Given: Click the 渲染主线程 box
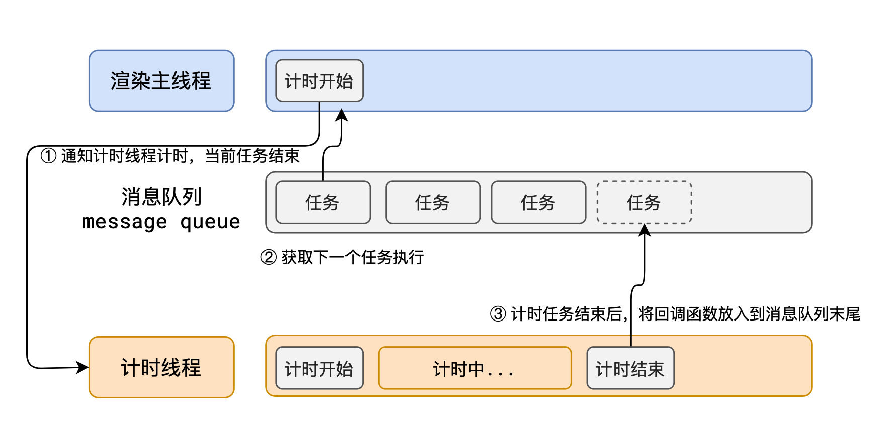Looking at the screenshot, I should click(x=161, y=81).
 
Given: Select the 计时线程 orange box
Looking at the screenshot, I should click(x=161, y=367).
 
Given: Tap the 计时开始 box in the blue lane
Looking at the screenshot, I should click(x=319, y=81).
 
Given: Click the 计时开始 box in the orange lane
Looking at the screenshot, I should click(x=319, y=368).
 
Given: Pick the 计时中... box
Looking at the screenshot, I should click(x=475, y=368).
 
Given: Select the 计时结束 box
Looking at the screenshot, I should click(x=630, y=368).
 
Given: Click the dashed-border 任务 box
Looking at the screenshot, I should click(x=644, y=202).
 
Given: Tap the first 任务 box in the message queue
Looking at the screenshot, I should click(x=323, y=202).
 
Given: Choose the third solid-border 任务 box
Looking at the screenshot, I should click(x=539, y=202).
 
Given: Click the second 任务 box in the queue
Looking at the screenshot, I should click(x=432, y=202).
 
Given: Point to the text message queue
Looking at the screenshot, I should click(x=161, y=222).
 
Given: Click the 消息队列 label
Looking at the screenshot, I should click(x=161, y=196).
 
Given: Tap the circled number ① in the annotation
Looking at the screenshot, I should click(x=48, y=156).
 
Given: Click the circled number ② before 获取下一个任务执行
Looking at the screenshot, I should click(x=269, y=257).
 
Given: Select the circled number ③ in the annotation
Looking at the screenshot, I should click(x=498, y=314).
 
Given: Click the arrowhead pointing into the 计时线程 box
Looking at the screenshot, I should click(x=83, y=367).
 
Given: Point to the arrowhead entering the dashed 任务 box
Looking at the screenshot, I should click(x=644, y=230).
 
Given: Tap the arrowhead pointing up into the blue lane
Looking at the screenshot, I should click(x=342, y=115).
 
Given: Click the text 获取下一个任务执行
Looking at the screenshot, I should click(x=353, y=257).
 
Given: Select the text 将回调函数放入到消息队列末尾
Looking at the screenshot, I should click(x=749, y=314).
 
